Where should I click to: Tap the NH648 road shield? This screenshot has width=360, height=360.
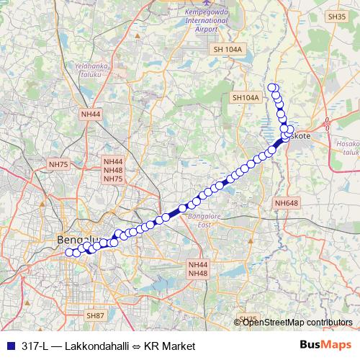pos(286,204)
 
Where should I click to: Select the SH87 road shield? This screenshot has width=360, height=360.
pos(95,315)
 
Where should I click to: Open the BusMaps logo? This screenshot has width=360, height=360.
pos(326,346)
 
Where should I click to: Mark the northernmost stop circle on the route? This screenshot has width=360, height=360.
pos(272,88)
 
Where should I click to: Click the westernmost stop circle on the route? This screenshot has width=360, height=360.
pos(70,252)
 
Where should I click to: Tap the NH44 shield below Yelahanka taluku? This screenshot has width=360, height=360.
pos(91,114)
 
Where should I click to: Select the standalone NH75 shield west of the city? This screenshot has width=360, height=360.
pos(58,165)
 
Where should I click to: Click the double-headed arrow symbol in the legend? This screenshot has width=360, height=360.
pos(137,346)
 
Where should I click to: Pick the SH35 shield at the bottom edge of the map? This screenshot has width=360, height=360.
pos(247,319)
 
